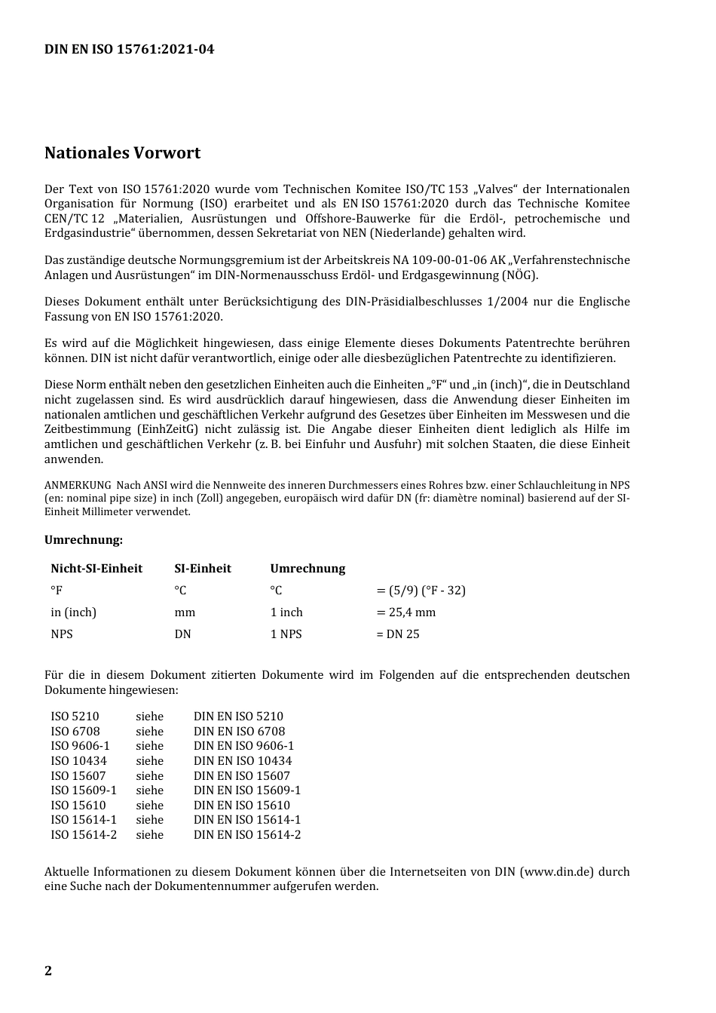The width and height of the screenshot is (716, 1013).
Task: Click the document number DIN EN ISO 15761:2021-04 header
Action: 129,50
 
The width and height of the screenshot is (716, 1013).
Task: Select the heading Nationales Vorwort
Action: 122,153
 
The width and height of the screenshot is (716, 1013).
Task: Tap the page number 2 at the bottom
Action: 48,971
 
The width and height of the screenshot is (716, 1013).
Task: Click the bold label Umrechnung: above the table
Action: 83,540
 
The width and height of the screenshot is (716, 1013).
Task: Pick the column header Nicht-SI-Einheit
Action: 96,569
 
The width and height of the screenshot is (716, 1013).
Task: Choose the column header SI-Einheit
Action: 203,569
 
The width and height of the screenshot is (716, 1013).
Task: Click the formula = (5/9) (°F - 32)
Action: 421,591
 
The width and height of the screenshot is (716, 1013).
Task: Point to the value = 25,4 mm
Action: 405,612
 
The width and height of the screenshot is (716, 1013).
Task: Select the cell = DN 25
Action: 397,634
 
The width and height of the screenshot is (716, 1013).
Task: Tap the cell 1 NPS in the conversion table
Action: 286,634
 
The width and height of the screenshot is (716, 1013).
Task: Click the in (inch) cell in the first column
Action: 73,612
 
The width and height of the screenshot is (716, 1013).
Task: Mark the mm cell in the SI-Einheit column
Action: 185,612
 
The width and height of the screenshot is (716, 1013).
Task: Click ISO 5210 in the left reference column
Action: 75,717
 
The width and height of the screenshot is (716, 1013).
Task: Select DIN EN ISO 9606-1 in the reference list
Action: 243,746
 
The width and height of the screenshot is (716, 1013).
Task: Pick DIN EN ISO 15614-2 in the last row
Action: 247,835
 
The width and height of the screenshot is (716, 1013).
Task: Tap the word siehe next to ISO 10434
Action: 149,761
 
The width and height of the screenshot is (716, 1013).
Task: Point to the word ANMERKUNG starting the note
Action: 78,485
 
